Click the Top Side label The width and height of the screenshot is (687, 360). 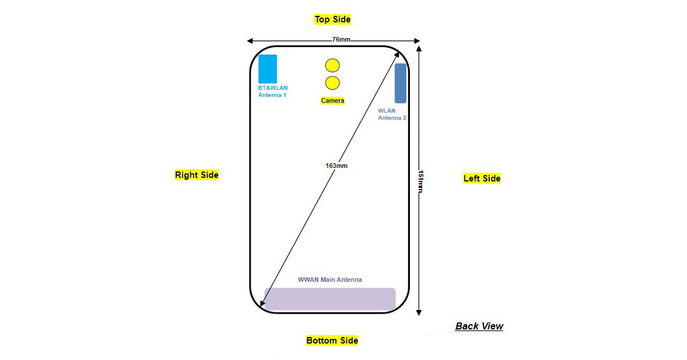tap(332, 19)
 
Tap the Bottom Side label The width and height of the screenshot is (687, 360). tap(332, 341)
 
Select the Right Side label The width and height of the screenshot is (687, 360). tap(197, 175)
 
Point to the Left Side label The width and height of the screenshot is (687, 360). tap(482, 179)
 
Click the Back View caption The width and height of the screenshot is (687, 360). tap(479, 327)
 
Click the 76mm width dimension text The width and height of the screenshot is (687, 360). tap(341, 40)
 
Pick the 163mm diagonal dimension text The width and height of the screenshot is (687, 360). tap(336, 166)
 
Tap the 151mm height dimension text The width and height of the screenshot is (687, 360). tap(419, 181)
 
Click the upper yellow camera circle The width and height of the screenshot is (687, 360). tap(332, 66)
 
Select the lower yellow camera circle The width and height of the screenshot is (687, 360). tap(332, 83)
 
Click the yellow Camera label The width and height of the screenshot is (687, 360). tap(332, 101)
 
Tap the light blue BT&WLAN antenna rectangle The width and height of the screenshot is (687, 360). tap(268, 69)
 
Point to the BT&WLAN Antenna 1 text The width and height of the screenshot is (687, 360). tap(272, 92)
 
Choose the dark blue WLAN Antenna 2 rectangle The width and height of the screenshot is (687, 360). tap(400, 83)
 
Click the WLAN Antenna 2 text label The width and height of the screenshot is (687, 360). tap(392, 115)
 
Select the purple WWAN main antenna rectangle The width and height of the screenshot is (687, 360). tap(329, 299)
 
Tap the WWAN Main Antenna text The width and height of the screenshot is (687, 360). tap(330, 280)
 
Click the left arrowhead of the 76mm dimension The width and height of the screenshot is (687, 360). tap(250, 41)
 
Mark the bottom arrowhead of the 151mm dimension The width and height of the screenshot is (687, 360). tap(419, 312)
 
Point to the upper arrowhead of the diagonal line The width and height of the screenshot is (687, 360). tap(398, 54)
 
